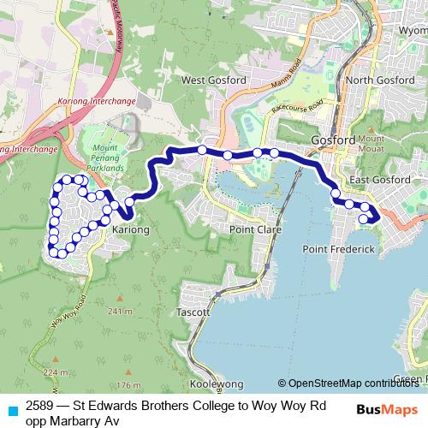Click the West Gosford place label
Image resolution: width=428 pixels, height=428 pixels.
pyautogui.click(x=214, y=80)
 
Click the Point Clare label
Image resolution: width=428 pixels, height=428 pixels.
pyautogui.click(x=252, y=230)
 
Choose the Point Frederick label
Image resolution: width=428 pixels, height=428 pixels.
pyautogui.click(x=339, y=248)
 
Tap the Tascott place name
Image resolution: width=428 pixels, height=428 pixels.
pyautogui.click(x=193, y=312)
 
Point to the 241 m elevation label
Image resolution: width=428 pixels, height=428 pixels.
pyautogui.click(x=122, y=312)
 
